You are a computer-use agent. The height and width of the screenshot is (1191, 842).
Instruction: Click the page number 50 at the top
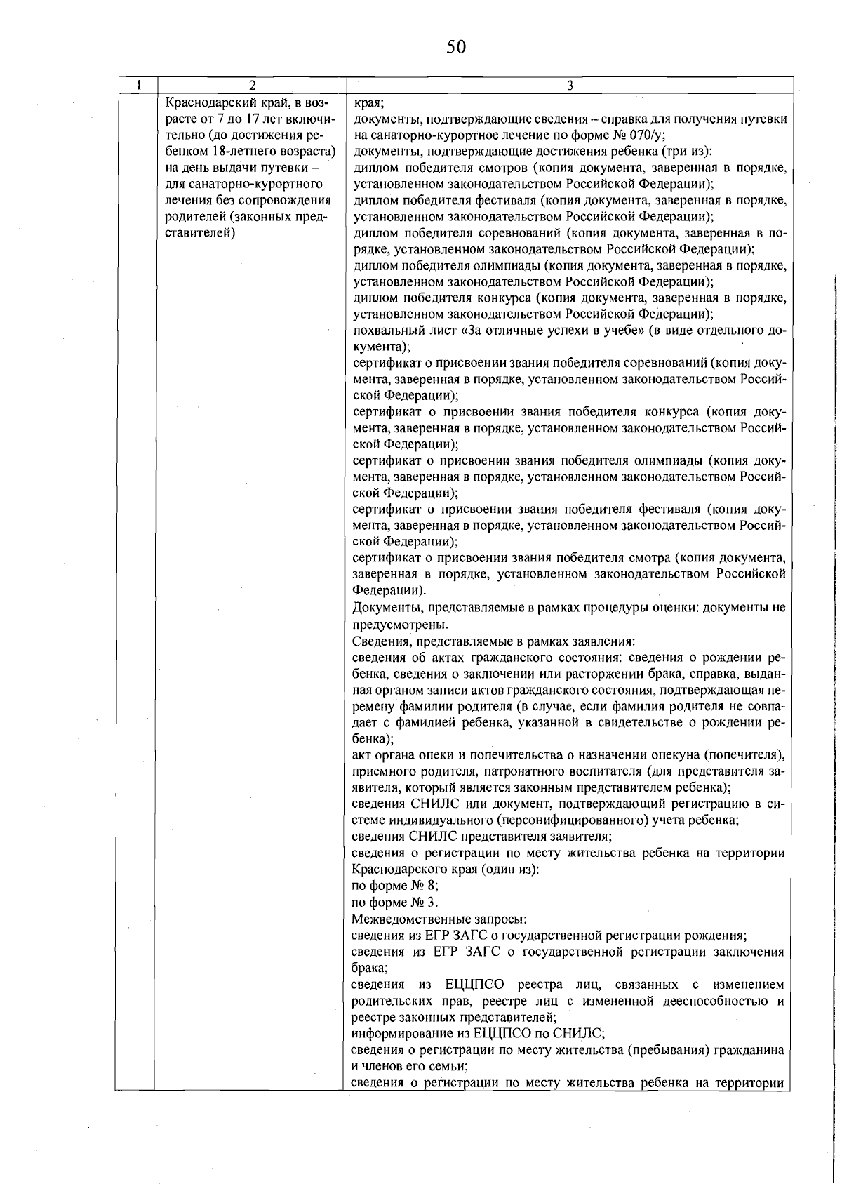tap(455, 47)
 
